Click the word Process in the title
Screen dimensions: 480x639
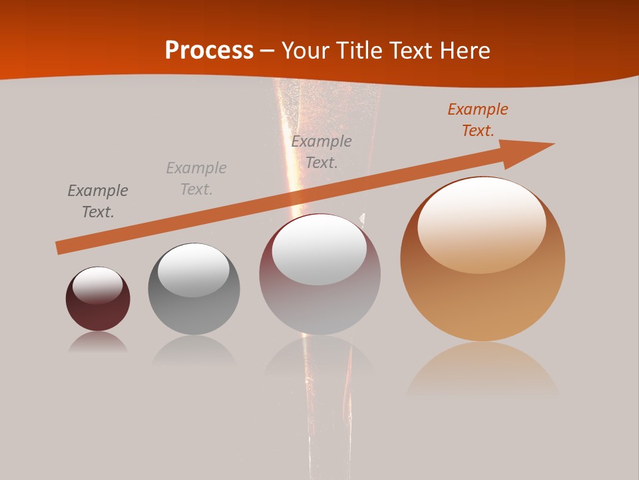pos(209,50)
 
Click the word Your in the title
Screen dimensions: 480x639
pos(303,50)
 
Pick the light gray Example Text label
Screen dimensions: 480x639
pos(196,179)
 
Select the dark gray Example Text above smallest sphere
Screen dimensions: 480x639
pos(98,201)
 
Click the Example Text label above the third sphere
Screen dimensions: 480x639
pos(321,151)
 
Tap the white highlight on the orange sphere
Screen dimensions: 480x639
pos(482,223)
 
